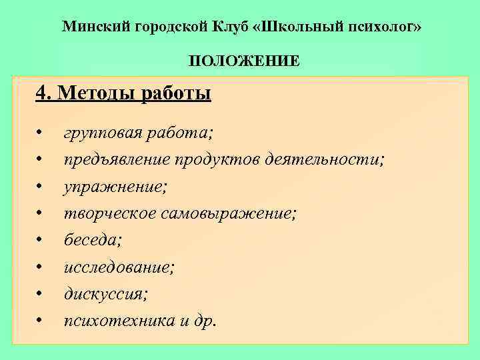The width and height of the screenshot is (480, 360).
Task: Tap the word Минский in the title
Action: pyautogui.click(x=95, y=27)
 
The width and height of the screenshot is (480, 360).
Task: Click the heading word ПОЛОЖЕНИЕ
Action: pyautogui.click(x=243, y=61)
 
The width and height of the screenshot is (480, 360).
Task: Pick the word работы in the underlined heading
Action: pyautogui.click(x=175, y=93)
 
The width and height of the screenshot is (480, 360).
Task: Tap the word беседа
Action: pyautogui.click(x=90, y=240)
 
